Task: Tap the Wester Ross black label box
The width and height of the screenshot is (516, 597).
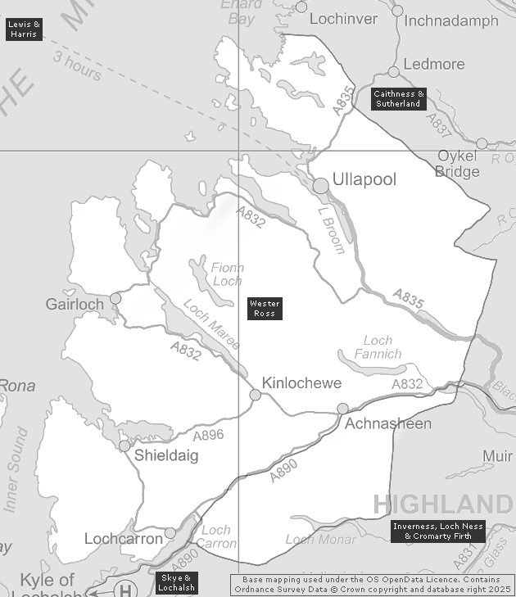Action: [265, 309]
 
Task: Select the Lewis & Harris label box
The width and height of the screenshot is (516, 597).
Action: [24, 29]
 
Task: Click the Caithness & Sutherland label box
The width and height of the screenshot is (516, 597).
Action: [398, 99]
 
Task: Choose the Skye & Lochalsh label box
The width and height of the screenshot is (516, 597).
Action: [176, 583]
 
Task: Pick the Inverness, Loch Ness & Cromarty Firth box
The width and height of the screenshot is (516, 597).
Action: [438, 531]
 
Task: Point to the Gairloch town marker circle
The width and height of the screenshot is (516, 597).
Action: [115, 298]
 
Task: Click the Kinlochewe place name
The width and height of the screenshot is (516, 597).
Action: [301, 383]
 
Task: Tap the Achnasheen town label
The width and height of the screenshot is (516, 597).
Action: [388, 423]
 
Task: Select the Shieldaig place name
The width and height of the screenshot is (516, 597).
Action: [166, 456]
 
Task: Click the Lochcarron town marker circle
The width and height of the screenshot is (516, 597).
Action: [170, 533]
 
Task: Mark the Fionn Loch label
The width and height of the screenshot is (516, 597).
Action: [227, 274]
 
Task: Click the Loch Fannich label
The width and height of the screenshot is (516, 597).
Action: [378, 347]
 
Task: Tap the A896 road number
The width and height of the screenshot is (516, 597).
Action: [208, 435]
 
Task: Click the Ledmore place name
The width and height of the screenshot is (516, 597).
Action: [434, 64]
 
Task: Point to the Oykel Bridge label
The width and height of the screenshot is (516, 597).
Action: [458, 163]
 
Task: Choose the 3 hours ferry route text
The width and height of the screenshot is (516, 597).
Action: [78, 66]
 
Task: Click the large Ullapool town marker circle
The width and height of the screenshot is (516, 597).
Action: [321, 186]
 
